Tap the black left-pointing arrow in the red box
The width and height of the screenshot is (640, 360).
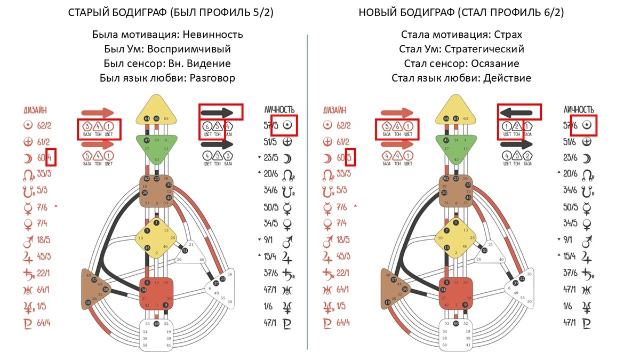(x=519, y=112)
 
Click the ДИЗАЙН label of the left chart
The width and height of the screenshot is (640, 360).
(x=35, y=111)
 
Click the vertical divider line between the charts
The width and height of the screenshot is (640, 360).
(x=308, y=192)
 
